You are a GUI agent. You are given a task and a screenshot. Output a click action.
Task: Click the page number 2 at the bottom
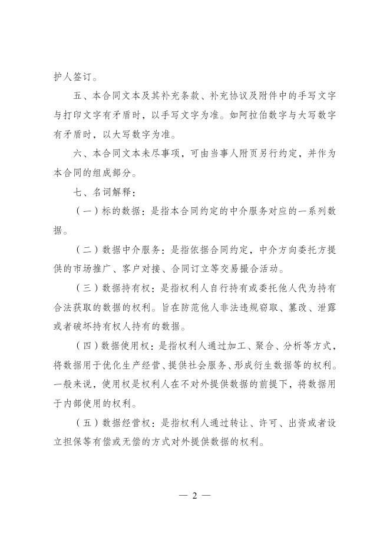pos(194,496)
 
